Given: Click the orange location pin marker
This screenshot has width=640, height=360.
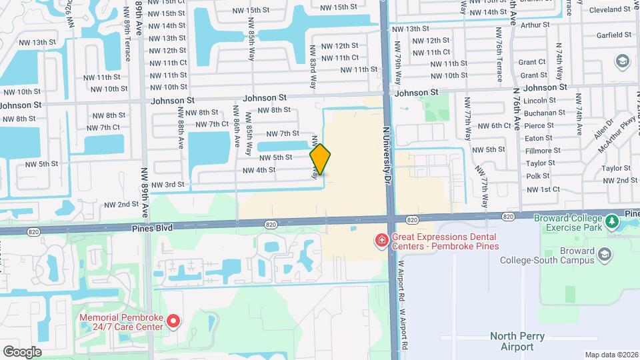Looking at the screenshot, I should [x=320, y=159].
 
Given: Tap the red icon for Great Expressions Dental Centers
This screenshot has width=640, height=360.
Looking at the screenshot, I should [x=381, y=239].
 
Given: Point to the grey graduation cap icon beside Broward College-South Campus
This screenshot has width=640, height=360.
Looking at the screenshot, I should [x=604, y=255].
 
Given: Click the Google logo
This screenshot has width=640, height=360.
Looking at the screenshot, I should [x=22, y=351].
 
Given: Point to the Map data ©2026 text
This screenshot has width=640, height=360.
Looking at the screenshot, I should [x=611, y=354].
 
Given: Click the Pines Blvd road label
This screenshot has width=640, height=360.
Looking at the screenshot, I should [x=153, y=228].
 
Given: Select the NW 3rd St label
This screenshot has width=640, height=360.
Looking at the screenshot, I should [x=167, y=185].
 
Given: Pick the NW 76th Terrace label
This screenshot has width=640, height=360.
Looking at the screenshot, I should [x=499, y=55].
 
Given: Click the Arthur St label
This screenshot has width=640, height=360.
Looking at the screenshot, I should [x=536, y=24].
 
